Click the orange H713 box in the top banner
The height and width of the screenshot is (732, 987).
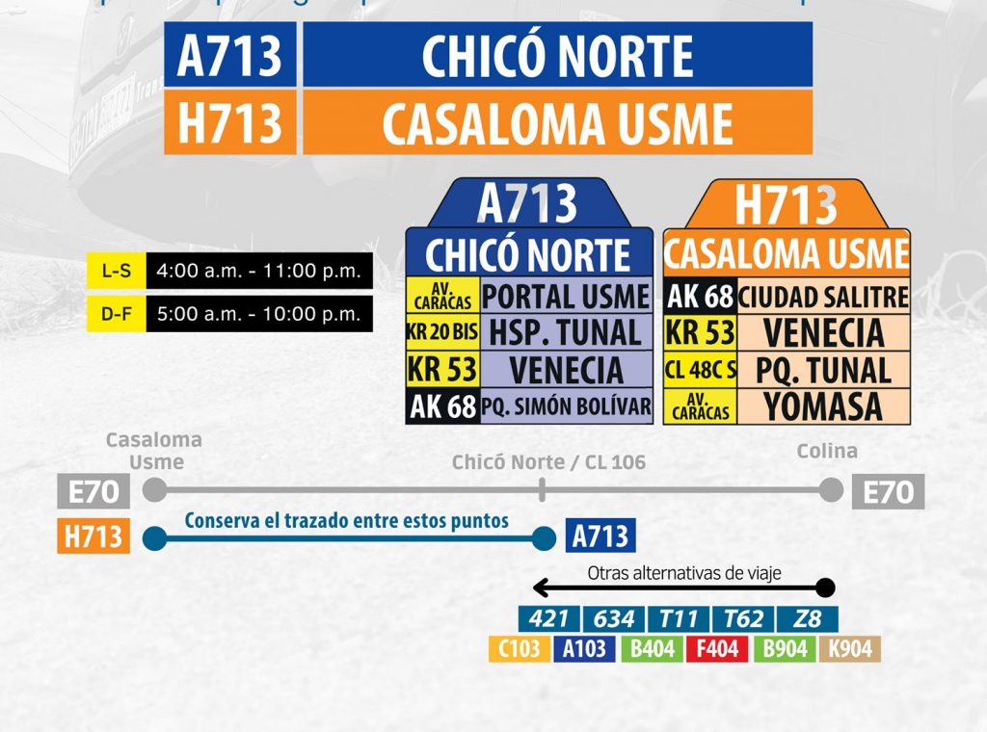pos(229,122)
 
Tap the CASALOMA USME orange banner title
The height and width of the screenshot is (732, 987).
pos(557,122)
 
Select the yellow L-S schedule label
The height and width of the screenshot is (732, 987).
pos(117,272)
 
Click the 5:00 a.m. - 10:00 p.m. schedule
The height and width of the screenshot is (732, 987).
pos(258,314)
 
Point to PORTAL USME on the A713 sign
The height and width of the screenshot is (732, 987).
pos(565,297)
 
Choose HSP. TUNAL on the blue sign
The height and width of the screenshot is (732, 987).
pos(565,333)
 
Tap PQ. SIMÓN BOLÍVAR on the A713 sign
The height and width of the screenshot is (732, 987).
pos(566,405)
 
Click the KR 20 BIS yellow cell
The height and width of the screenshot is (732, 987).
pos(442,333)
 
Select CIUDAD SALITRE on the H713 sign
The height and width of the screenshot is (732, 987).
pos(823,297)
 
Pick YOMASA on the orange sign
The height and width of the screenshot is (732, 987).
pos(823,405)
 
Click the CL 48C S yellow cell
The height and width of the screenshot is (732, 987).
pos(701,370)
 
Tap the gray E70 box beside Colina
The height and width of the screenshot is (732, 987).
pos(888,492)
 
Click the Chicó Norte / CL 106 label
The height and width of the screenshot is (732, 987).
pos(548,462)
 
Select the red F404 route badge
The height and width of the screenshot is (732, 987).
pos(718,648)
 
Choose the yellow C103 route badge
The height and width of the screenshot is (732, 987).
pos(520,648)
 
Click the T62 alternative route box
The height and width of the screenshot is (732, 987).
pos(743,618)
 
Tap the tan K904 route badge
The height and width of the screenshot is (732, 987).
pos(850,648)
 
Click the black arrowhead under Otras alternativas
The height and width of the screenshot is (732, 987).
pos(541,588)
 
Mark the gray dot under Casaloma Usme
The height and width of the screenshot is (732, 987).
pos(153,490)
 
